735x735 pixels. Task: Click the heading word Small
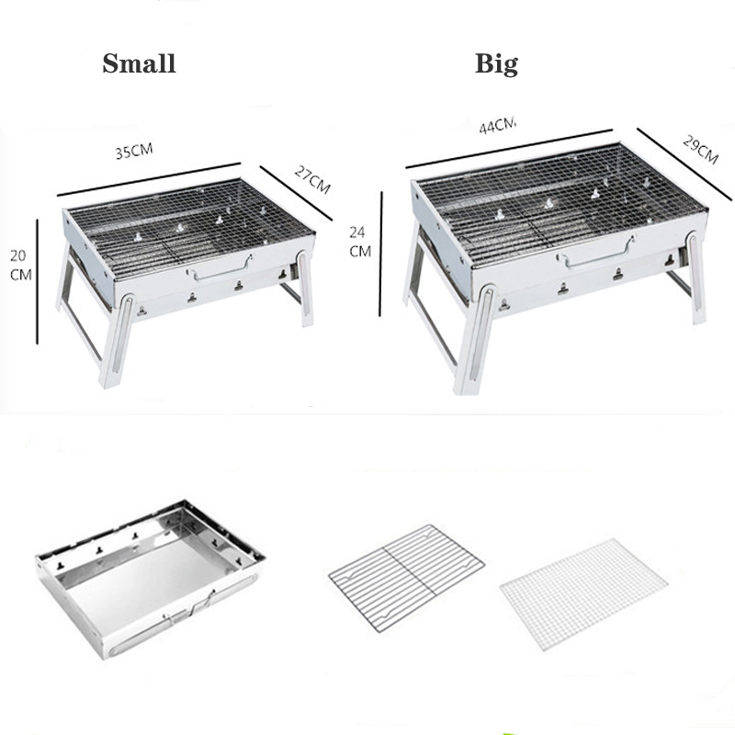coord(139,63)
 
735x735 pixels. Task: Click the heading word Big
coord(496,63)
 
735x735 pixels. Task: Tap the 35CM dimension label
coord(134,152)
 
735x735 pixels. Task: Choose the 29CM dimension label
coord(699,148)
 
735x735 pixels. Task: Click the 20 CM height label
coord(18,264)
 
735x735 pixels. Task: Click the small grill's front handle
coord(220,269)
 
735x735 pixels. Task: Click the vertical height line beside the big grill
coord(379,253)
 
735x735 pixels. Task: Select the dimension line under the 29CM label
coord(684,164)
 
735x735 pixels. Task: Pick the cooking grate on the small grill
coord(184,226)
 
